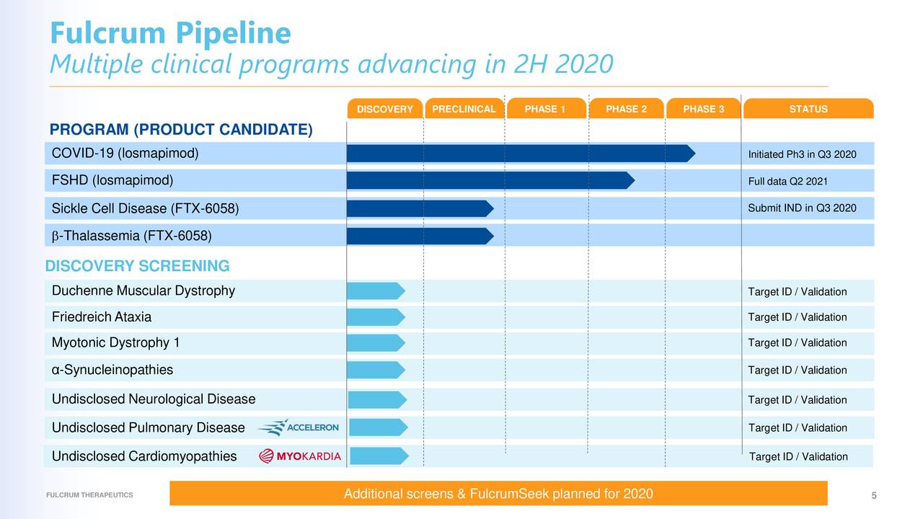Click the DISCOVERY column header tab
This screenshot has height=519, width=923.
(x=384, y=110)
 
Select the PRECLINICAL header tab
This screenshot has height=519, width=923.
(x=464, y=109)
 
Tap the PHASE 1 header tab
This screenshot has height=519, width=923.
(x=544, y=109)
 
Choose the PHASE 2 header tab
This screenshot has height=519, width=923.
(x=625, y=109)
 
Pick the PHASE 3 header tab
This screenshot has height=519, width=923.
(x=703, y=109)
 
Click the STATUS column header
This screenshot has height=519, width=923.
(x=808, y=109)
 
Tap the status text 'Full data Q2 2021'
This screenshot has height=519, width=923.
(x=787, y=181)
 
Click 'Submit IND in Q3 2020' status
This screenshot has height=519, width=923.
(x=802, y=208)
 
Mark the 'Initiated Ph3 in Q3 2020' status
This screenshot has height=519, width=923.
(x=802, y=154)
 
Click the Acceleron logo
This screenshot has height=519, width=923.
(x=298, y=427)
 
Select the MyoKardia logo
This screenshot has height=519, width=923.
(x=300, y=456)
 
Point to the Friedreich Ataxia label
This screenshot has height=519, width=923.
(x=102, y=317)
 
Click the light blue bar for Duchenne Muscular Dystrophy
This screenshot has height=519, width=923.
(x=375, y=291)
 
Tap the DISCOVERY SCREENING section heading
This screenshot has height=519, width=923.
(x=137, y=267)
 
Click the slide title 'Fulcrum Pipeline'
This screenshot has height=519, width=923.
(x=170, y=33)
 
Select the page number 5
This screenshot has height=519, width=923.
(x=873, y=495)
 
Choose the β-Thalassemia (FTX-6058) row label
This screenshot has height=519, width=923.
(x=132, y=236)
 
